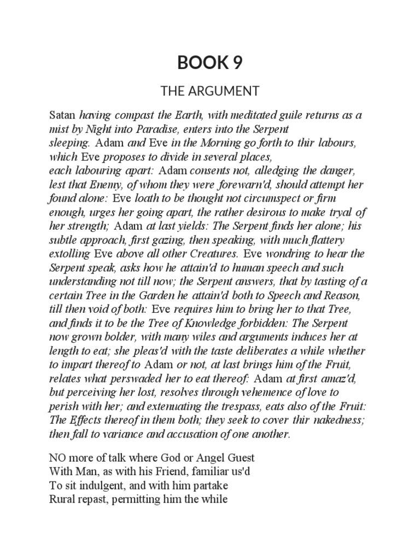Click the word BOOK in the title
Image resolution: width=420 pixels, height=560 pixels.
coord(199,63)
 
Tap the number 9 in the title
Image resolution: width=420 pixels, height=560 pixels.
coord(236,63)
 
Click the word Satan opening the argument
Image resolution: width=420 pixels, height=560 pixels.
coord(63,116)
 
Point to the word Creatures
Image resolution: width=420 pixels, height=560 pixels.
coord(212,254)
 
